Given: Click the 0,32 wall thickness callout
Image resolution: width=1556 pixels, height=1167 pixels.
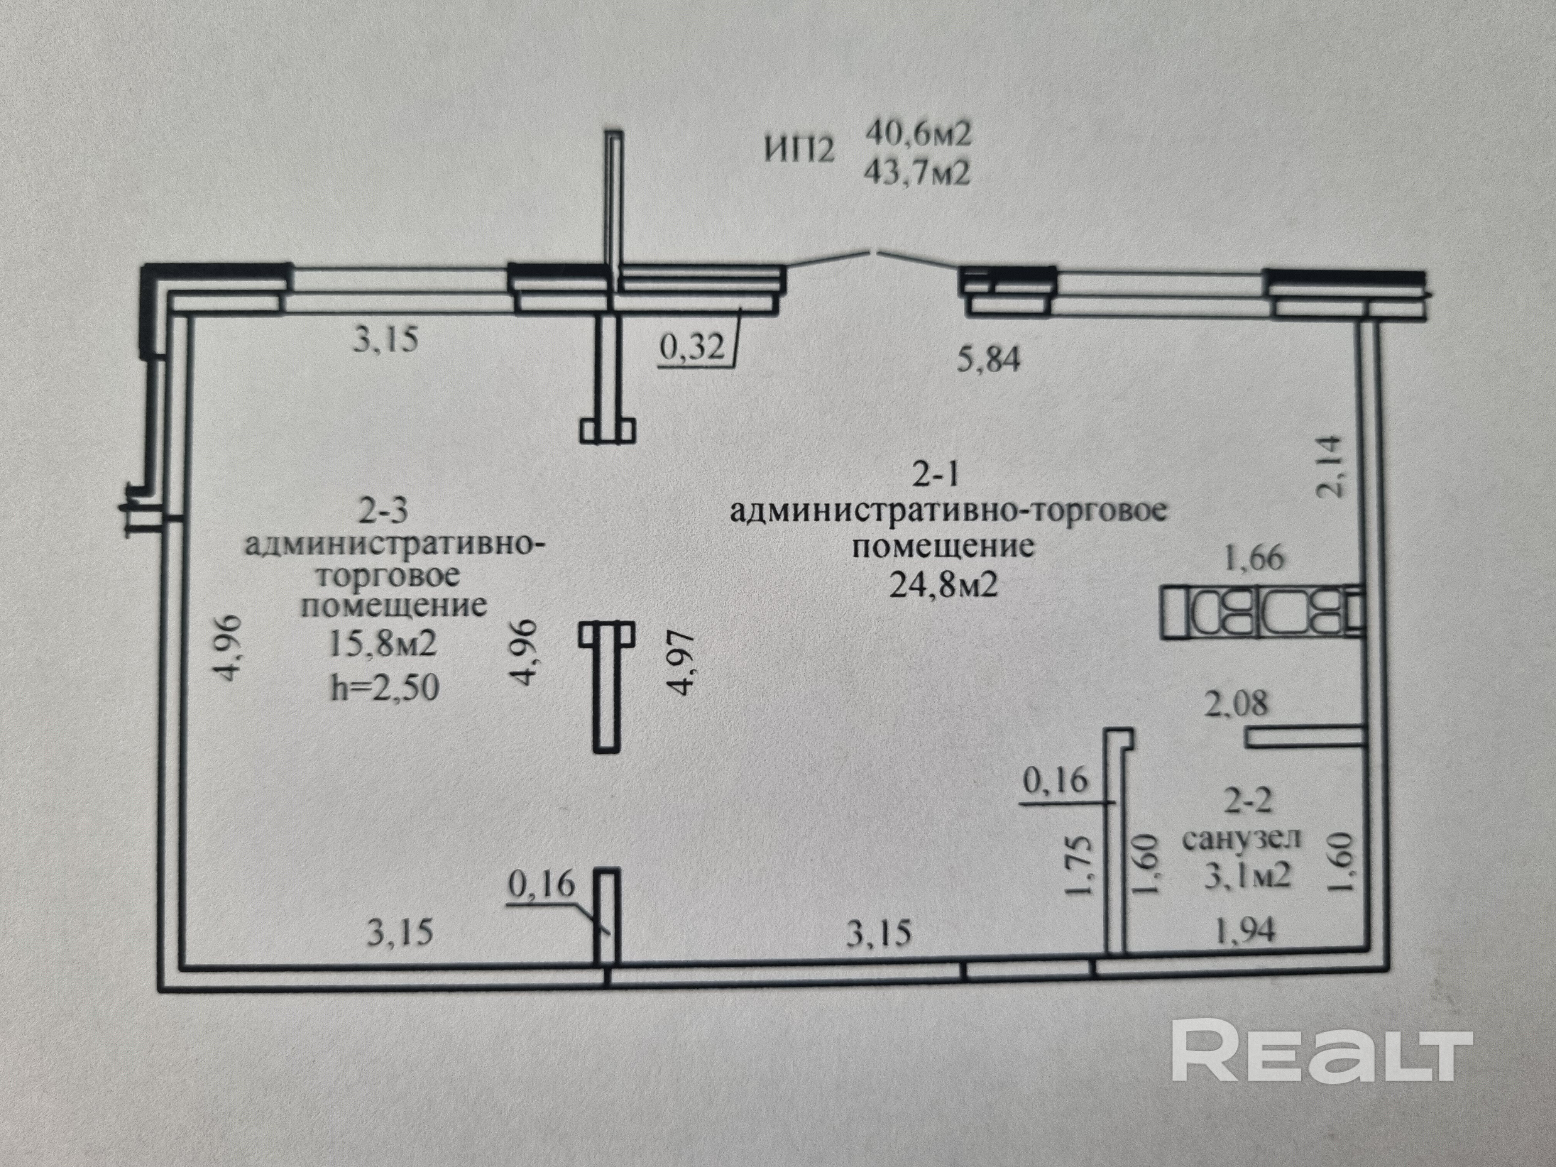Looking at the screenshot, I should [692, 347].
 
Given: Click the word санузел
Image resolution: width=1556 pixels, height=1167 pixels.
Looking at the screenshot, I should [1241, 839].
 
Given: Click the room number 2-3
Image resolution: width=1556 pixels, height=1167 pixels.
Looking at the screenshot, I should [383, 512].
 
